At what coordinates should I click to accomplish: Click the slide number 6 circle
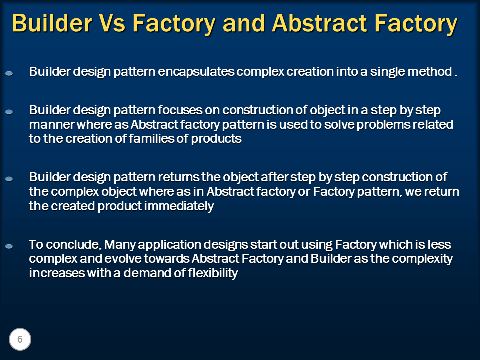(20, 340)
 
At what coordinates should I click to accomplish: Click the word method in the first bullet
(430, 72)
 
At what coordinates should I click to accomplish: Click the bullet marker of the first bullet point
(9, 73)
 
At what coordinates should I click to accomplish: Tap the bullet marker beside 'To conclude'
(9, 246)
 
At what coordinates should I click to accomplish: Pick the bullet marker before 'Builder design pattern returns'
(9, 179)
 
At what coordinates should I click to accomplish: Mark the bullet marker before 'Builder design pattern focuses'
(9, 111)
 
